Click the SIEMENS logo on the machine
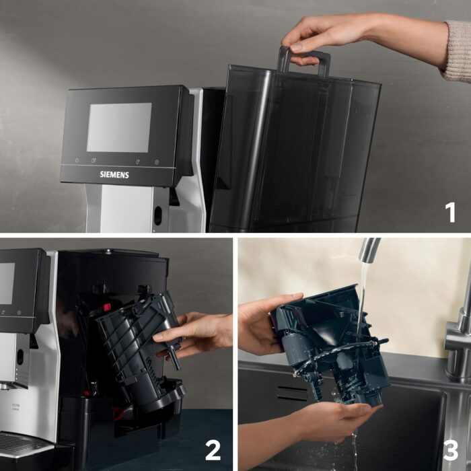114,174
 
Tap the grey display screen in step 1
119,127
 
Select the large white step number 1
449,212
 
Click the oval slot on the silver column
157,216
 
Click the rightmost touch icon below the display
156,162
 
